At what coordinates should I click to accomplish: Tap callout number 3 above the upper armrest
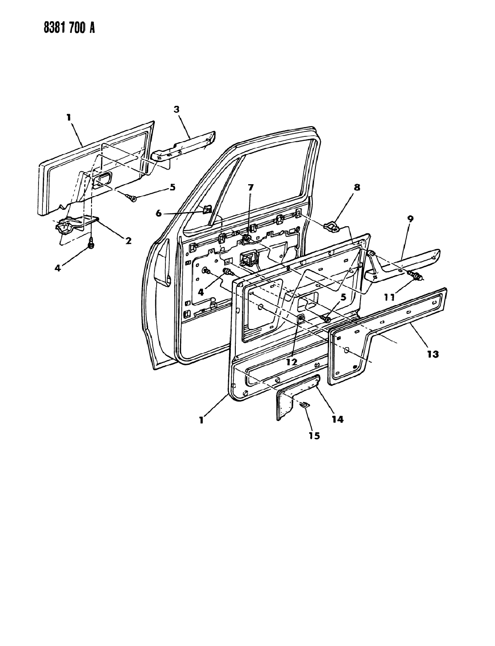coord(177,109)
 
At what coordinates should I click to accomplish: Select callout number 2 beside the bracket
coord(128,240)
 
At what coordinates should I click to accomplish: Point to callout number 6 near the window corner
coord(158,213)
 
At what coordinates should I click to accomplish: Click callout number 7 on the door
coord(251,187)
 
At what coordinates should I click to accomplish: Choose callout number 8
coord(357,187)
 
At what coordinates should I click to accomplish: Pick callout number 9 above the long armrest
coord(410,219)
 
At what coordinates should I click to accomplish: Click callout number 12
coord(292,362)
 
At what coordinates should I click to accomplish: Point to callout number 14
coord(338,419)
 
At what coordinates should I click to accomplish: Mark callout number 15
coord(315,436)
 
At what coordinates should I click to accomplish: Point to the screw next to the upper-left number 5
coord(132,197)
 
